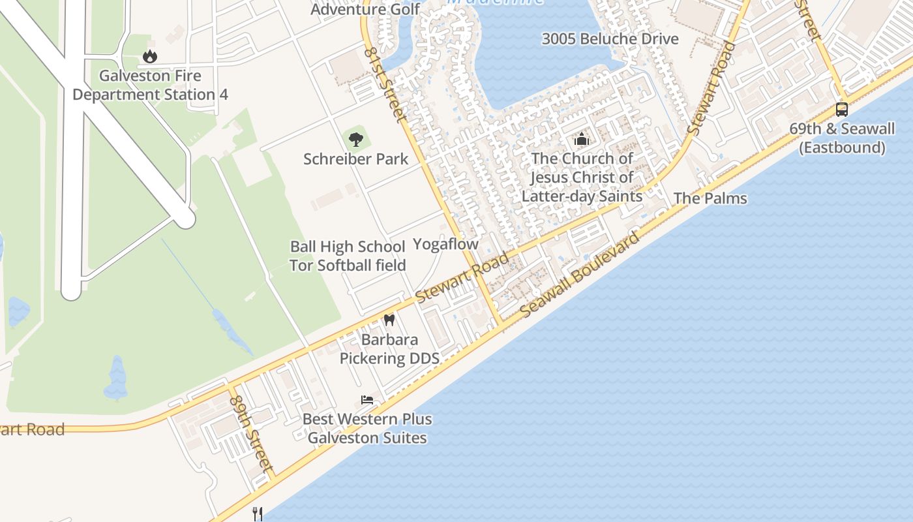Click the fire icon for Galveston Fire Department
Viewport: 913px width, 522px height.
click(150, 56)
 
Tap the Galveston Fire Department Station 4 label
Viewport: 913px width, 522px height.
click(150, 85)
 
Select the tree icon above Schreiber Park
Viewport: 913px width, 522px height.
click(355, 138)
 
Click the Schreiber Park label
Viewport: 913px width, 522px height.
click(356, 159)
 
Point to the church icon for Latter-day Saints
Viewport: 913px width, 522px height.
click(581, 139)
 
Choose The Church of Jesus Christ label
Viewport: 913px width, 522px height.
click(582, 177)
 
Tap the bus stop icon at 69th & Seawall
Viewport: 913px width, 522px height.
click(842, 109)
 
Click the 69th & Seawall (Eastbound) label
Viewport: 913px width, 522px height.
click(842, 138)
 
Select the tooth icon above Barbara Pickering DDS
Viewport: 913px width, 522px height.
click(389, 320)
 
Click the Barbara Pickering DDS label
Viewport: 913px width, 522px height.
click(389, 349)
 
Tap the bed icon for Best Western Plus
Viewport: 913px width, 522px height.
click(367, 399)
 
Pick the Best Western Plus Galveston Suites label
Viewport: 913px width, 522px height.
click(367, 428)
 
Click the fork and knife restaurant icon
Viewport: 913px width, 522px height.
click(258, 514)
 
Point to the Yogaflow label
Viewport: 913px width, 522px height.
click(446, 244)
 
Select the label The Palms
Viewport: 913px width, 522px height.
click(710, 198)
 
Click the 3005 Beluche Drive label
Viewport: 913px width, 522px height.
click(610, 38)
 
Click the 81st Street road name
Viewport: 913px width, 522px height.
click(385, 83)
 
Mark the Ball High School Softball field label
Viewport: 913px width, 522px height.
click(348, 256)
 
